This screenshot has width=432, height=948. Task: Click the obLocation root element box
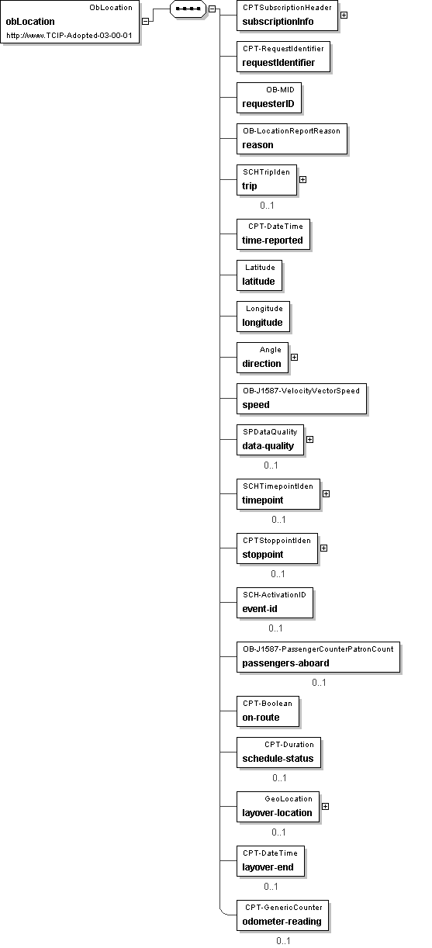click(70, 21)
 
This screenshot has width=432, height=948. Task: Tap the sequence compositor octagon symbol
click(188, 9)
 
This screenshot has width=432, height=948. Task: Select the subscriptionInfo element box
click(287, 16)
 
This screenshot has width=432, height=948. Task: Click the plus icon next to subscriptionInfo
click(344, 16)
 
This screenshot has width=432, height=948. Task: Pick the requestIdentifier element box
click(283, 57)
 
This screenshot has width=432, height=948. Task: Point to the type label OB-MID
click(280, 90)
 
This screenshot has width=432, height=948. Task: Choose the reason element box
click(292, 139)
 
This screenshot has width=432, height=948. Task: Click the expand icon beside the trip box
click(303, 179)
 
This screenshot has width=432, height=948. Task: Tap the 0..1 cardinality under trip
click(267, 206)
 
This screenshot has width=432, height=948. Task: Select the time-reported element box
click(273, 234)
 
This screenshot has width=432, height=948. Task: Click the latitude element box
click(259, 275)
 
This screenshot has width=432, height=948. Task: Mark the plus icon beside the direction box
click(295, 357)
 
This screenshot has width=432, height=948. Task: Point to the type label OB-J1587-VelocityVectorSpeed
click(301, 391)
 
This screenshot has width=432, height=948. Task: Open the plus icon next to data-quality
click(309, 439)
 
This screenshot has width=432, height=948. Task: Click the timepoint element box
click(278, 494)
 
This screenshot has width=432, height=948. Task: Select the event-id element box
click(275, 603)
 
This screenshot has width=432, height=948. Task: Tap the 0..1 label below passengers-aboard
click(319, 683)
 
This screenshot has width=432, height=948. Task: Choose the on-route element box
click(268, 711)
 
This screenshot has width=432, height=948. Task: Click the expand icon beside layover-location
click(326, 806)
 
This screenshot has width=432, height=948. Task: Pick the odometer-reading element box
click(282, 915)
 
